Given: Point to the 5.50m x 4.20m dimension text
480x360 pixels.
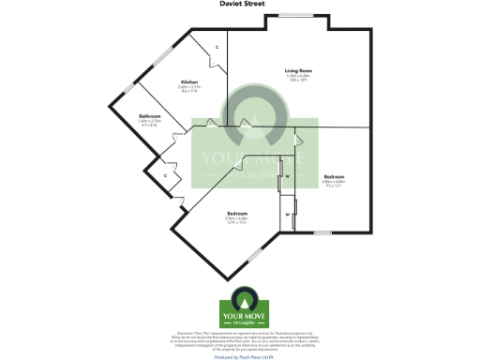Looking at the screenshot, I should [x=299, y=76].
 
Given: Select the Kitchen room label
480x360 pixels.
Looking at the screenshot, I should [x=189, y=82].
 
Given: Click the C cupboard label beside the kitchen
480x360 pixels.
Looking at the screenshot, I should [x=217, y=47].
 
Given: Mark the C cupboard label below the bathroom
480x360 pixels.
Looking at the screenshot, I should [x=165, y=175].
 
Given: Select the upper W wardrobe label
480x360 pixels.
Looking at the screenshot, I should [x=288, y=176].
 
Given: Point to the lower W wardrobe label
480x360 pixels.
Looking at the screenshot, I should [x=288, y=213].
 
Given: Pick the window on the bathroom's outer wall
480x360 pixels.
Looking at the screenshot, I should [x=127, y=88].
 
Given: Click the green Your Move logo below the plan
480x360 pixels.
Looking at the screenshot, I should [x=239, y=312].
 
